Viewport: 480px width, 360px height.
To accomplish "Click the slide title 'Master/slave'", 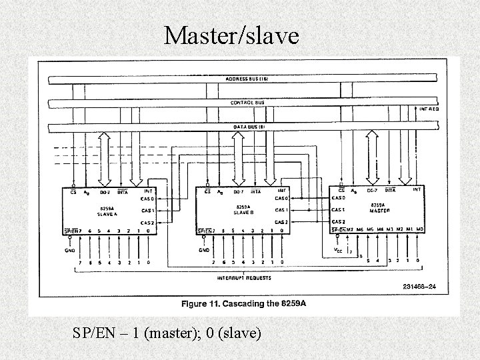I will [x=233, y=35].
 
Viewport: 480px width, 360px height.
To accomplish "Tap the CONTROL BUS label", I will [x=247, y=103].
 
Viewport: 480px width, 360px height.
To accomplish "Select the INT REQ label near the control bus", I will [x=429, y=108].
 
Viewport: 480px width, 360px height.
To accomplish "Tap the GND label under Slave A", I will [x=71, y=251].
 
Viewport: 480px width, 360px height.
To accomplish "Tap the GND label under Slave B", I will [x=205, y=251].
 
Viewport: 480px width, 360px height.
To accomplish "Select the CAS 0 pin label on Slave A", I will [x=147, y=198].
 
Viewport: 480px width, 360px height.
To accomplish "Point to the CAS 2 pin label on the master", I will [x=339, y=222].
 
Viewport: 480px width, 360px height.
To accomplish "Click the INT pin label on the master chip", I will [x=417, y=189].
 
